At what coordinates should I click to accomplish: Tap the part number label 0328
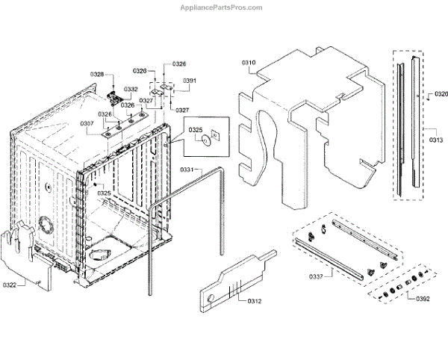coord(98,74)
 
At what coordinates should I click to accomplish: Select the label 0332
coord(131,89)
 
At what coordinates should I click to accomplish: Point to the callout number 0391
coord(190,81)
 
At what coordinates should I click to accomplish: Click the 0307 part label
coord(87,123)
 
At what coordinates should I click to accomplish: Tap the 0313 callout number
coord(436,140)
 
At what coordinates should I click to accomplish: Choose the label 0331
coord(187,171)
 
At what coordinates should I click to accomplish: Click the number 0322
coord(10,285)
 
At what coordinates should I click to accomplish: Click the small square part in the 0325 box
coord(215,135)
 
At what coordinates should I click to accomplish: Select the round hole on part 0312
coord(211,299)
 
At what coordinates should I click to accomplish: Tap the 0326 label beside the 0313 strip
coord(441,94)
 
